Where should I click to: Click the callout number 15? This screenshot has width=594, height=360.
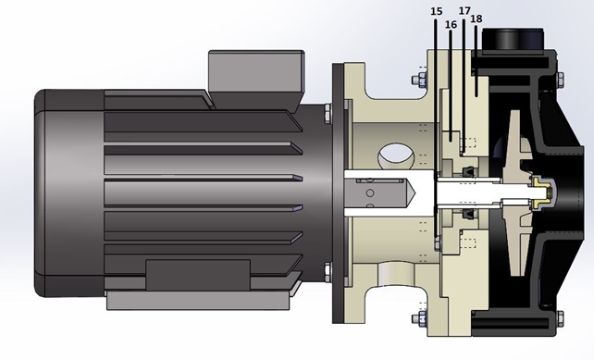(437, 11)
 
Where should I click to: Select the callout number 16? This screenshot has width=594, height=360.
(451, 25)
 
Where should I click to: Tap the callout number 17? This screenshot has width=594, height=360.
(464, 10)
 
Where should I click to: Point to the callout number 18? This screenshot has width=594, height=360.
(476, 19)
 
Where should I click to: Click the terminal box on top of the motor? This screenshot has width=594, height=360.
(256, 81)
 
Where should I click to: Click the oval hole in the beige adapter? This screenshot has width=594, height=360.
(397, 155)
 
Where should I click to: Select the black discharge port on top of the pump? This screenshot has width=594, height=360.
(513, 38)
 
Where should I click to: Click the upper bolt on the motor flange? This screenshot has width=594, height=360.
(328, 113)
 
